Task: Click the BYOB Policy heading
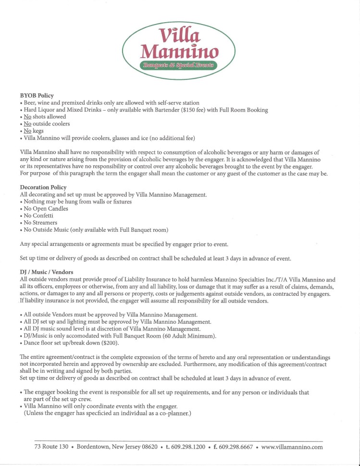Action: [37, 96]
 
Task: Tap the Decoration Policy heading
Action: [43, 187]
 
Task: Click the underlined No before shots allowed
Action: [27, 117]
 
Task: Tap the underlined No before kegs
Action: [27, 131]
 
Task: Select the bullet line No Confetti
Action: [41, 216]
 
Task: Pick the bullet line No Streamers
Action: [42, 223]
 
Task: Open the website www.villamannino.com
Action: [292, 447]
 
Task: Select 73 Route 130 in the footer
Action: [51, 447]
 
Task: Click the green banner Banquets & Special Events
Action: [178, 65]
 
